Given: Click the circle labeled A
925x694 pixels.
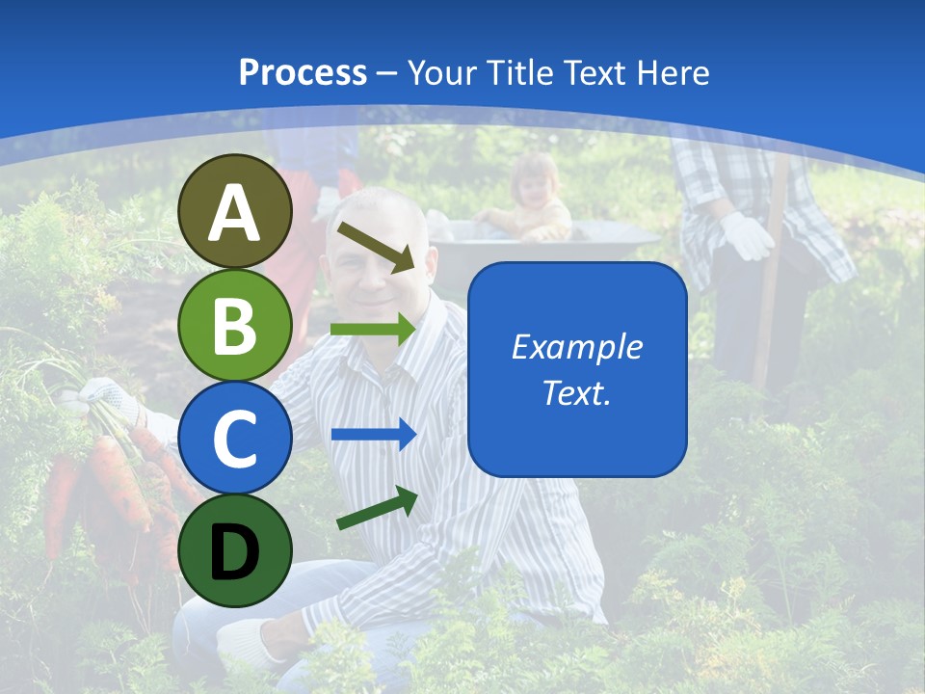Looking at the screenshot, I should [x=234, y=212].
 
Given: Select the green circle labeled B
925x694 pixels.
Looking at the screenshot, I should [x=234, y=326].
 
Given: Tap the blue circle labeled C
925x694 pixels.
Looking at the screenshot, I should [x=234, y=439].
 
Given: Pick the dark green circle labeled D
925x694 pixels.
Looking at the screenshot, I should [x=234, y=550].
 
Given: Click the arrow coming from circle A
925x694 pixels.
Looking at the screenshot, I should [x=376, y=246].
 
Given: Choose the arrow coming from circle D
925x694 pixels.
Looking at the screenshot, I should [x=377, y=508].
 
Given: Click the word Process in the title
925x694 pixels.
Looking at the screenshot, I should [x=303, y=72].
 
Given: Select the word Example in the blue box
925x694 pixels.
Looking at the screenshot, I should [x=576, y=347].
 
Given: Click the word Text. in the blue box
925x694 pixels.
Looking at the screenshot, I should [x=576, y=393].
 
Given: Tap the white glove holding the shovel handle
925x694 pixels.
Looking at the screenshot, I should [x=748, y=236].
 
